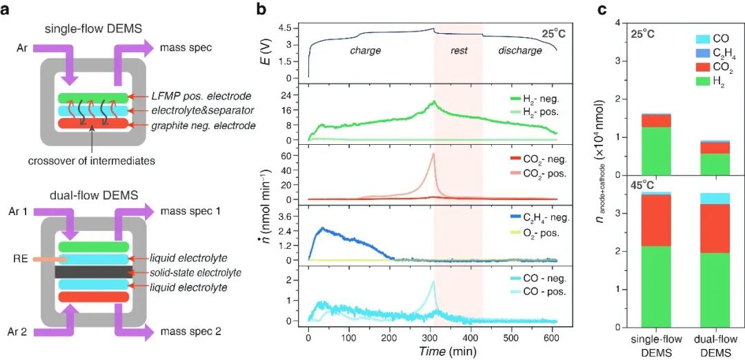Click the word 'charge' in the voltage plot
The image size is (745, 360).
pyautogui.click(x=366, y=50)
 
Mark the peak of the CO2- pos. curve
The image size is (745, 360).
pyautogui.click(x=433, y=153)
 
